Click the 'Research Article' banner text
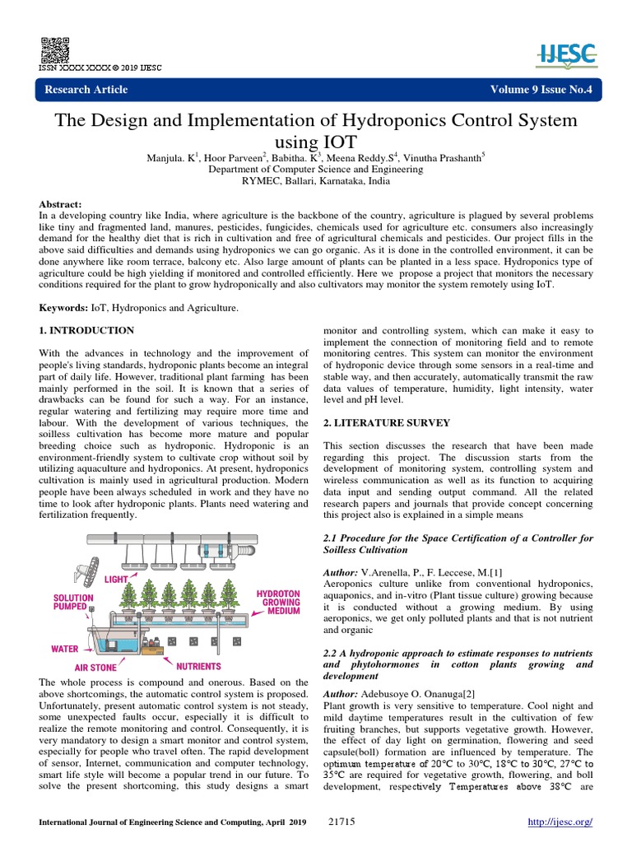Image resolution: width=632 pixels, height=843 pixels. (x=86, y=90)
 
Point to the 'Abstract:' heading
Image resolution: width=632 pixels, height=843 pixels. (x=61, y=203)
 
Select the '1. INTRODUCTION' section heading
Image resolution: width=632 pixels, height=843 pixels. (x=87, y=330)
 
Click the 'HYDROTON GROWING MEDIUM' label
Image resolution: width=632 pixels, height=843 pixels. (x=277, y=602)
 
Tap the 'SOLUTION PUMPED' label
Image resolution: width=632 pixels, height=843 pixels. (x=74, y=605)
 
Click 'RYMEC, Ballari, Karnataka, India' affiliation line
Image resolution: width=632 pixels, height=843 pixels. (x=315, y=181)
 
